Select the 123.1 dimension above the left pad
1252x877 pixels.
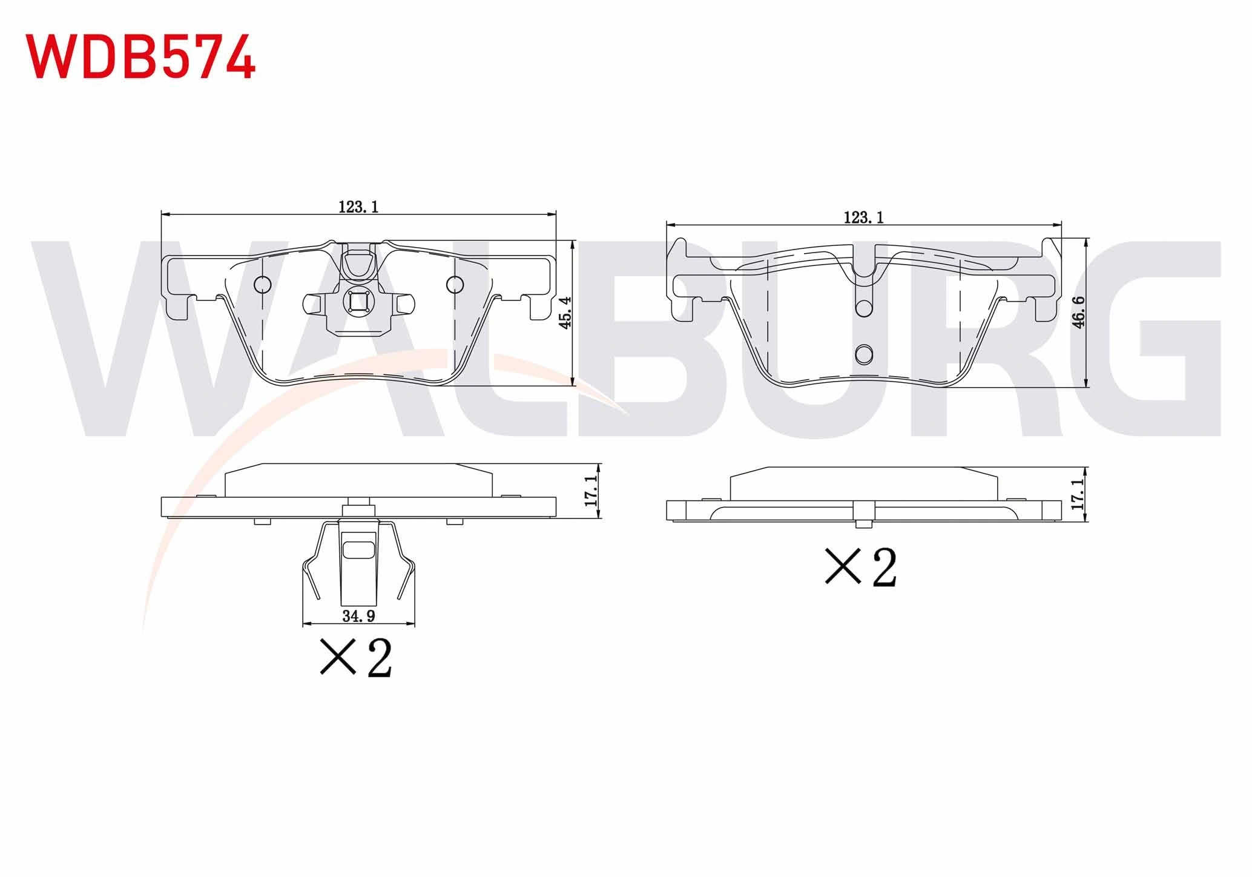(x=358, y=207)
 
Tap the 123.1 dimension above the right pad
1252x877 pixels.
(x=863, y=217)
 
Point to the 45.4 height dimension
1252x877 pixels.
(x=566, y=313)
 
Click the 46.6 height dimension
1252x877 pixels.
(x=1078, y=312)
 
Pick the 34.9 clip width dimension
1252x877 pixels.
(x=358, y=617)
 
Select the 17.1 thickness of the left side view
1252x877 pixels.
(x=591, y=491)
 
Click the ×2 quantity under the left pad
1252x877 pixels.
(x=357, y=657)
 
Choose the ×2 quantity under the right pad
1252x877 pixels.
(x=860, y=568)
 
